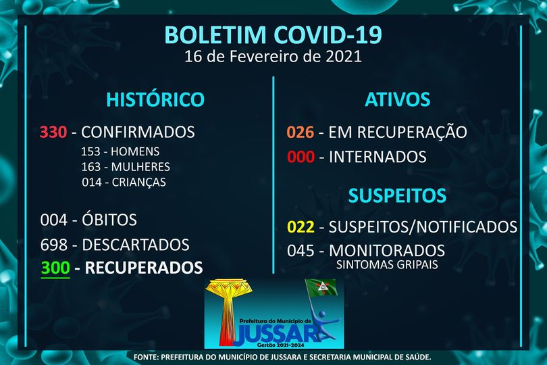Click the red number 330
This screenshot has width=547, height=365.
tap(53, 132)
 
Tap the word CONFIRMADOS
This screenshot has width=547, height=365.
tap(138, 132)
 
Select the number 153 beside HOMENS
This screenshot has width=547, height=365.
tap(90, 151)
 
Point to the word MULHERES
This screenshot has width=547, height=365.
tap(140, 166)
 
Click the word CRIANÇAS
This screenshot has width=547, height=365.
tap(139, 182)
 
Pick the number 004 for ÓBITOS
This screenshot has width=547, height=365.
tap(54, 220)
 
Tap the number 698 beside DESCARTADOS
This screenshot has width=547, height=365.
tap(54, 245)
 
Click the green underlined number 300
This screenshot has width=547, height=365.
tap(55, 268)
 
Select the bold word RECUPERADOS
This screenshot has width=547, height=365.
tap(144, 268)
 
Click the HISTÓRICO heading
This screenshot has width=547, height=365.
tap(155, 99)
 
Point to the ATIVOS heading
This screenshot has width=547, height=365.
tap(397, 99)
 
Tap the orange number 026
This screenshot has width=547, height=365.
tap(301, 132)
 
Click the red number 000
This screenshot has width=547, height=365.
tap(301, 157)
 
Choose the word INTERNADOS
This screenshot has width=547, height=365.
tap(377, 157)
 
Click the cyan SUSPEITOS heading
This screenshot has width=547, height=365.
tap(397, 195)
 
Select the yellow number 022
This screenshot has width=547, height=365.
tap(301, 227)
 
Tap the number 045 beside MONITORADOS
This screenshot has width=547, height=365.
tap(301, 251)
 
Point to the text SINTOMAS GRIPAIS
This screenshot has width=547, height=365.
tap(387, 264)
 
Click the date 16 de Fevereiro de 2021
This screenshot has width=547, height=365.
tap(273, 56)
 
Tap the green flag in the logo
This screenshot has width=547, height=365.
tap(321, 287)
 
